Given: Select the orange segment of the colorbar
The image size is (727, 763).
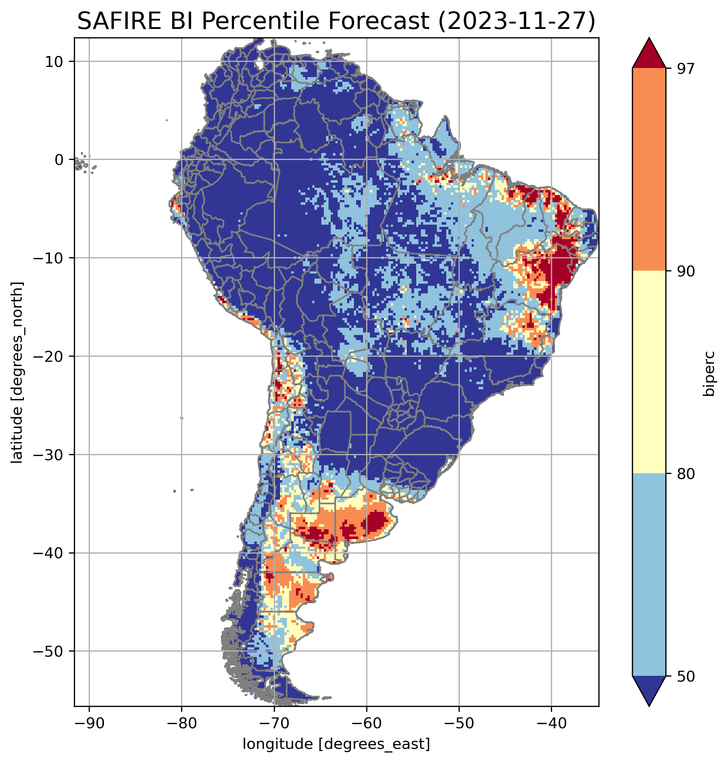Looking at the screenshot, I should (x=649, y=170).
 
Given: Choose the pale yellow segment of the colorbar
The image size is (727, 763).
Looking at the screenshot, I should (x=649, y=372).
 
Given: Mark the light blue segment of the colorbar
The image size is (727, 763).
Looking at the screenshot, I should (x=649, y=575).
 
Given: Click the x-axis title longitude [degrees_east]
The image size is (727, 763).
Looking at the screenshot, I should (x=336, y=743).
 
